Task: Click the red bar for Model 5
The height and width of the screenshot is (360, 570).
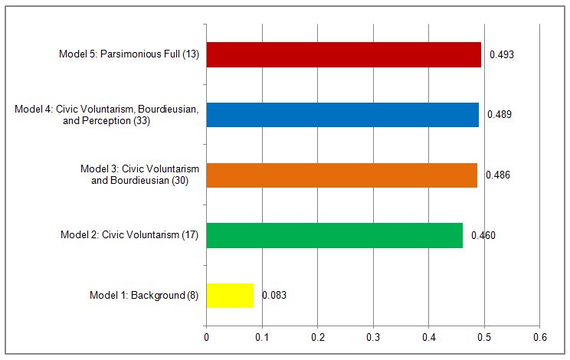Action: pyautogui.click(x=343, y=54)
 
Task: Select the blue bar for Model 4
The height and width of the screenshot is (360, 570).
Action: pyautogui.click(x=342, y=114)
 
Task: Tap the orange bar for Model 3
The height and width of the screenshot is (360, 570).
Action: pyautogui.click(x=342, y=175)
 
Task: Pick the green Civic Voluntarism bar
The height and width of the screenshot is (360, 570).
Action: pyautogui.click(x=334, y=235)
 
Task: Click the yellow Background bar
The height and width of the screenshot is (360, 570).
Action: pyautogui.click(x=230, y=295)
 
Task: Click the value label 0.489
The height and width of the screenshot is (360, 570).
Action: pyautogui.click(x=500, y=115)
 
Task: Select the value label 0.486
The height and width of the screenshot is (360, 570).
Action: pyautogui.click(x=498, y=175)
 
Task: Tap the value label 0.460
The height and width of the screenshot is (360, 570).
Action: pyautogui.click(x=483, y=235)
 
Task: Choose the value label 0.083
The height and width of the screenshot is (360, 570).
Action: pyautogui.click(x=274, y=295)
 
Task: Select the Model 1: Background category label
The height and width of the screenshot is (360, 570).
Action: pyautogui.click(x=144, y=295)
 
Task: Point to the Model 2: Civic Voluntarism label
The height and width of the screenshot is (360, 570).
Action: pyautogui.click(x=129, y=235)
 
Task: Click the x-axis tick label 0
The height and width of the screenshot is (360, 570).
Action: pyautogui.click(x=206, y=337)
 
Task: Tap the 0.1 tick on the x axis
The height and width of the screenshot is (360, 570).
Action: pyautogui.click(x=262, y=337)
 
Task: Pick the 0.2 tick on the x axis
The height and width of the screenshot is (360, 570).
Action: pyautogui.click(x=317, y=337)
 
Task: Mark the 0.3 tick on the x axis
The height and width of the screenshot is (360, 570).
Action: pyautogui.click(x=373, y=337)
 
